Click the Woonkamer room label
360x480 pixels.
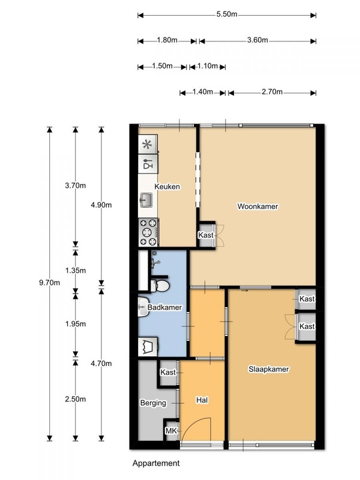click(x=258, y=206)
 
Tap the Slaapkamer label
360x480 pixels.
click(x=268, y=369)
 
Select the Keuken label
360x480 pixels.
click(x=167, y=187)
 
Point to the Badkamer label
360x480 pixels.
click(x=164, y=307)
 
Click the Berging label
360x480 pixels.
click(x=153, y=403)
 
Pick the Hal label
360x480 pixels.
click(x=202, y=400)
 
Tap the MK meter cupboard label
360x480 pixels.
click(x=171, y=431)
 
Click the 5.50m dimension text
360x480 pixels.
click(x=227, y=14)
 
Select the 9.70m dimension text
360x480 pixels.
click(x=49, y=283)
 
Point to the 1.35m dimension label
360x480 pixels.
click(x=76, y=271)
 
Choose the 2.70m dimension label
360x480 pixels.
click(x=272, y=92)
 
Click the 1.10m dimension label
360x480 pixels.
click(x=208, y=66)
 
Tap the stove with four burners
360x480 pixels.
click(x=148, y=232)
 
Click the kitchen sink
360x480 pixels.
click(x=146, y=200)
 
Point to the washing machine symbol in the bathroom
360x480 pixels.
click(x=148, y=347)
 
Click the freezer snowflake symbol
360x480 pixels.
click(x=148, y=144)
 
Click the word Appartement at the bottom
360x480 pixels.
click(x=156, y=463)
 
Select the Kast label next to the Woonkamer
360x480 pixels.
click(x=206, y=235)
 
